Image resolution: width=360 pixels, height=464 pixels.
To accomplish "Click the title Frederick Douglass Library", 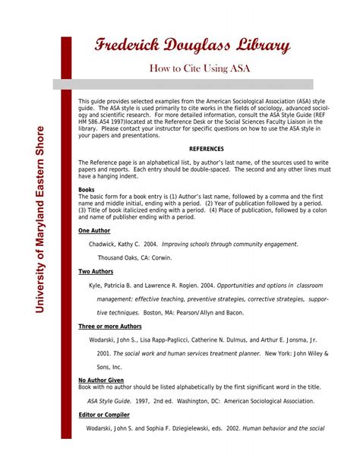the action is pyautogui.click(x=191, y=46).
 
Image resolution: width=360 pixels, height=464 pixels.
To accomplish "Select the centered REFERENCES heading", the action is pyautogui.click(x=207, y=150).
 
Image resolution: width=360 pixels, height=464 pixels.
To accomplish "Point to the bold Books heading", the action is pyautogui.click(x=87, y=188).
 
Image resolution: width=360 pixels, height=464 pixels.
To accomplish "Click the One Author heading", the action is pyautogui.click(x=95, y=230).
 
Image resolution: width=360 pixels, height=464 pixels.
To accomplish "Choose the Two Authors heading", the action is pyautogui.click(x=96, y=271).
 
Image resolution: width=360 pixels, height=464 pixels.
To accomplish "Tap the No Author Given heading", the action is pyautogui.click(x=102, y=380).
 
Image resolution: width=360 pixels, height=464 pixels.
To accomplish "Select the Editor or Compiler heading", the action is pyautogui.click(x=104, y=415).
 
